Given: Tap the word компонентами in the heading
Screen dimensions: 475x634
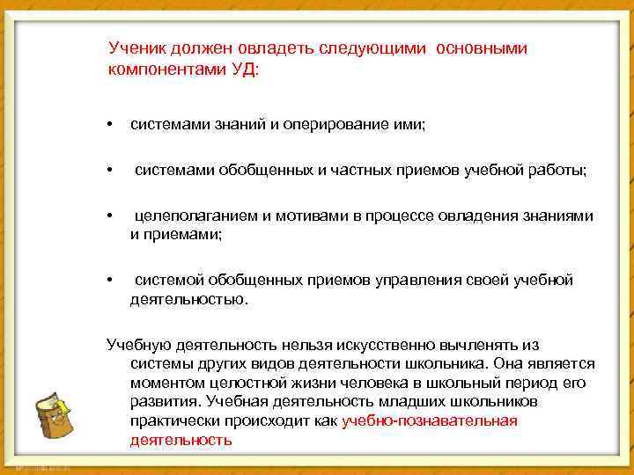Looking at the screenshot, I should pos(164,68).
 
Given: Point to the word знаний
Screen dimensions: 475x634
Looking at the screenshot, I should pos(236,126).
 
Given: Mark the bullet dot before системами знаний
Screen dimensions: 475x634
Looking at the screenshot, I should pos(109,126).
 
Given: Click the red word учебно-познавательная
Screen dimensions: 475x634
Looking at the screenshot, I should pos(429,420).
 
